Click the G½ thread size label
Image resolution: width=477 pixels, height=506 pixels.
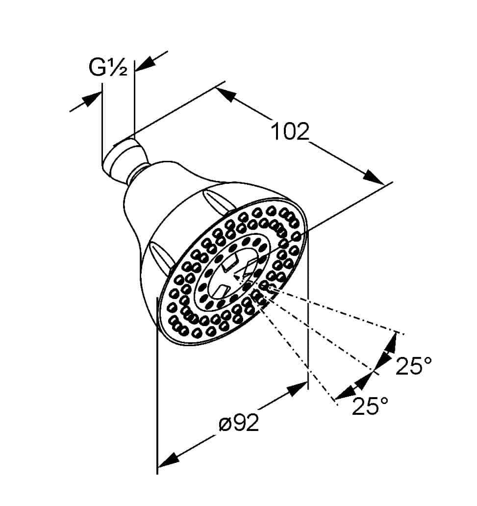(108, 68)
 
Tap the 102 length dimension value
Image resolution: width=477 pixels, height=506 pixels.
(290, 131)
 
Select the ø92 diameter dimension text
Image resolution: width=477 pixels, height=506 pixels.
(239, 423)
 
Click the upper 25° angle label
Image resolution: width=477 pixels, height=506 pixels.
(413, 366)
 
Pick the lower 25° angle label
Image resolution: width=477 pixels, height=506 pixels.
(370, 405)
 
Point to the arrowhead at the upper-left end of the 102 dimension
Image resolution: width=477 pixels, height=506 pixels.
(226, 95)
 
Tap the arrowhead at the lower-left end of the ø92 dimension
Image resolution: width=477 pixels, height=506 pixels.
(168, 460)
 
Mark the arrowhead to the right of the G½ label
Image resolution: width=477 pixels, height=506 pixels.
(144, 64)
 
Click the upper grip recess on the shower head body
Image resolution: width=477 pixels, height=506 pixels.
(217, 201)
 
